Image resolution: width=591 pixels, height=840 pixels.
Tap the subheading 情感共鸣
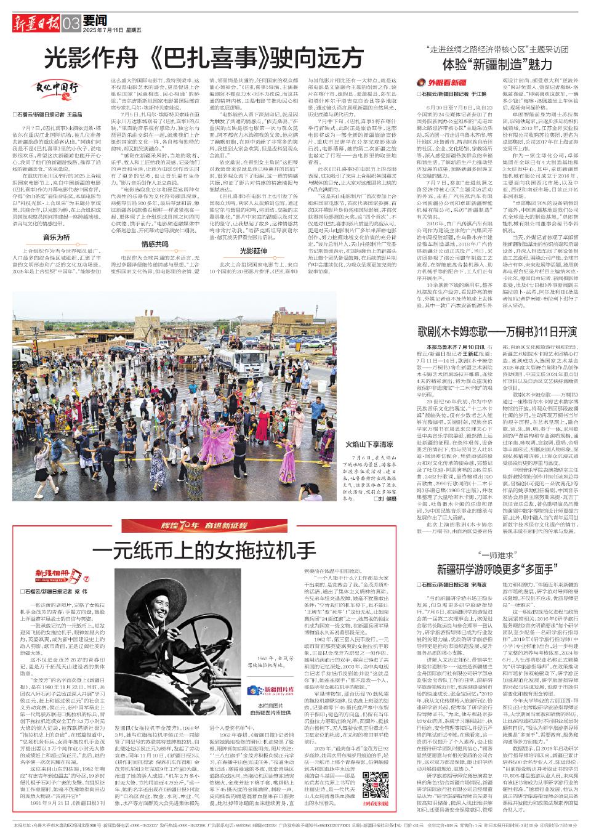[x=153, y=227]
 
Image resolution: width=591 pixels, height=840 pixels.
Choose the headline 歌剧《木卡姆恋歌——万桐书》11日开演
[x=497, y=331]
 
